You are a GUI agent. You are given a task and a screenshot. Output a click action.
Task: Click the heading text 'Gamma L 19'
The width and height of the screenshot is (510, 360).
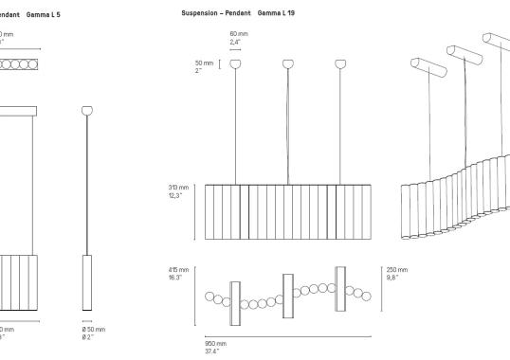(276, 14)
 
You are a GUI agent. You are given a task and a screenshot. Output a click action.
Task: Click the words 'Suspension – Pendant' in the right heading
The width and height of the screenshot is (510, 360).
(217, 14)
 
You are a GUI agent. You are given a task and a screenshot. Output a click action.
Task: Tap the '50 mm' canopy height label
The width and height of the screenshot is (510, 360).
(202, 63)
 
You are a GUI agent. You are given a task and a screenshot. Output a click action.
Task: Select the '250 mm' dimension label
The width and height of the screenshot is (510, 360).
(396, 270)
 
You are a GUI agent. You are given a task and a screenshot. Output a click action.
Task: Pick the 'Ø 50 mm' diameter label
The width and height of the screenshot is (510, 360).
(95, 329)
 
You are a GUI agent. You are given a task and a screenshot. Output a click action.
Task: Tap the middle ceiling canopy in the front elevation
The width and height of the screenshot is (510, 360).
(288, 63)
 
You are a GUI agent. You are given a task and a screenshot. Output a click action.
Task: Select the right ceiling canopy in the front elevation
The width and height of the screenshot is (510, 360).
(340, 63)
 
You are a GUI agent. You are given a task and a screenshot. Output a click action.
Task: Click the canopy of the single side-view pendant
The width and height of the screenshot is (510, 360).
(88, 110)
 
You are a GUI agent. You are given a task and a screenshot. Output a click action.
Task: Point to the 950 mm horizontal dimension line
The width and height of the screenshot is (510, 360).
(287, 334)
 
